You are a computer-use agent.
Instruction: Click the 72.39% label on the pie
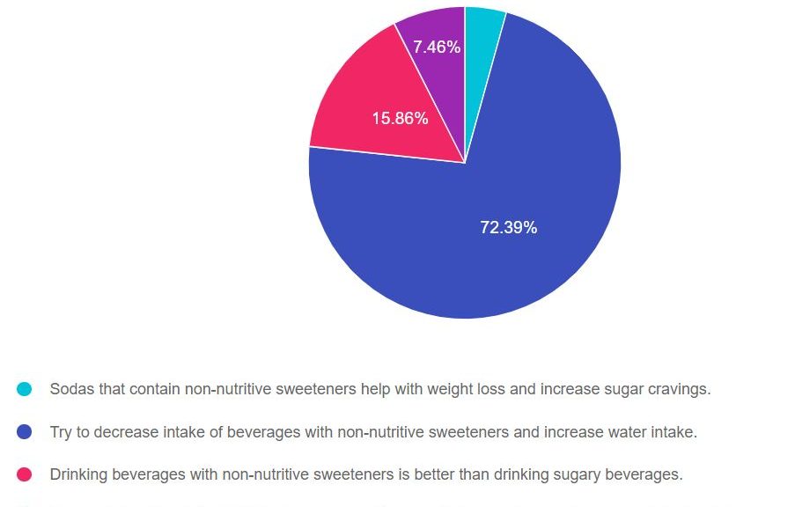point(508,228)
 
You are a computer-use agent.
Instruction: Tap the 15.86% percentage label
point(400,118)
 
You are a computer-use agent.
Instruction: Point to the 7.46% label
point(437,48)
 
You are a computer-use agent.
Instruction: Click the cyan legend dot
point(25,389)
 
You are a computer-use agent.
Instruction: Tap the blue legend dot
point(25,432)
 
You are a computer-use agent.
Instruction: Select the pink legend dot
point(25,474)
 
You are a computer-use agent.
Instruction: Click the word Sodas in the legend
point(70,389)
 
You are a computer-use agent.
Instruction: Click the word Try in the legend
point(62,432)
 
